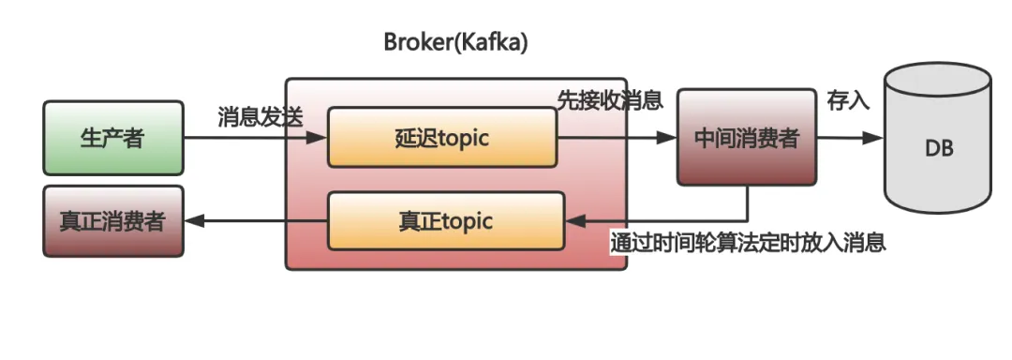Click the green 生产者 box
pos(112,139)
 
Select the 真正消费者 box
pos(112,221)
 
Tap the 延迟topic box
pos(442,139)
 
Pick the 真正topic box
pos(446,221)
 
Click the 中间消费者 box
pos(747,138)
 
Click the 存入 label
pos(847,101)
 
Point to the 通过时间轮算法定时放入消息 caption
pos(747,243)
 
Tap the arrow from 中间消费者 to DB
pos(849,138)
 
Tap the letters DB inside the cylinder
pos(938,148)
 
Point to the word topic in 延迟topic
pos(463,139)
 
